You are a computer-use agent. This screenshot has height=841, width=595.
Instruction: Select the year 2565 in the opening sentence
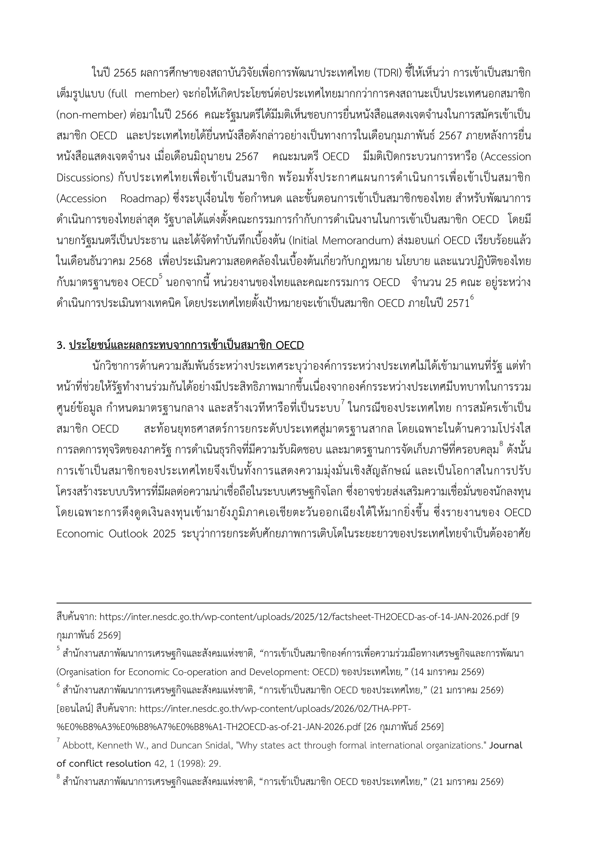point(125,73)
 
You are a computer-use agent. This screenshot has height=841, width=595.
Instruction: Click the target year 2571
point(458,304)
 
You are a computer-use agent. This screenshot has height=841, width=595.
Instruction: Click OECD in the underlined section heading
point(290,345)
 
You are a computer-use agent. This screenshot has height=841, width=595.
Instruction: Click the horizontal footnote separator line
point(293,602)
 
